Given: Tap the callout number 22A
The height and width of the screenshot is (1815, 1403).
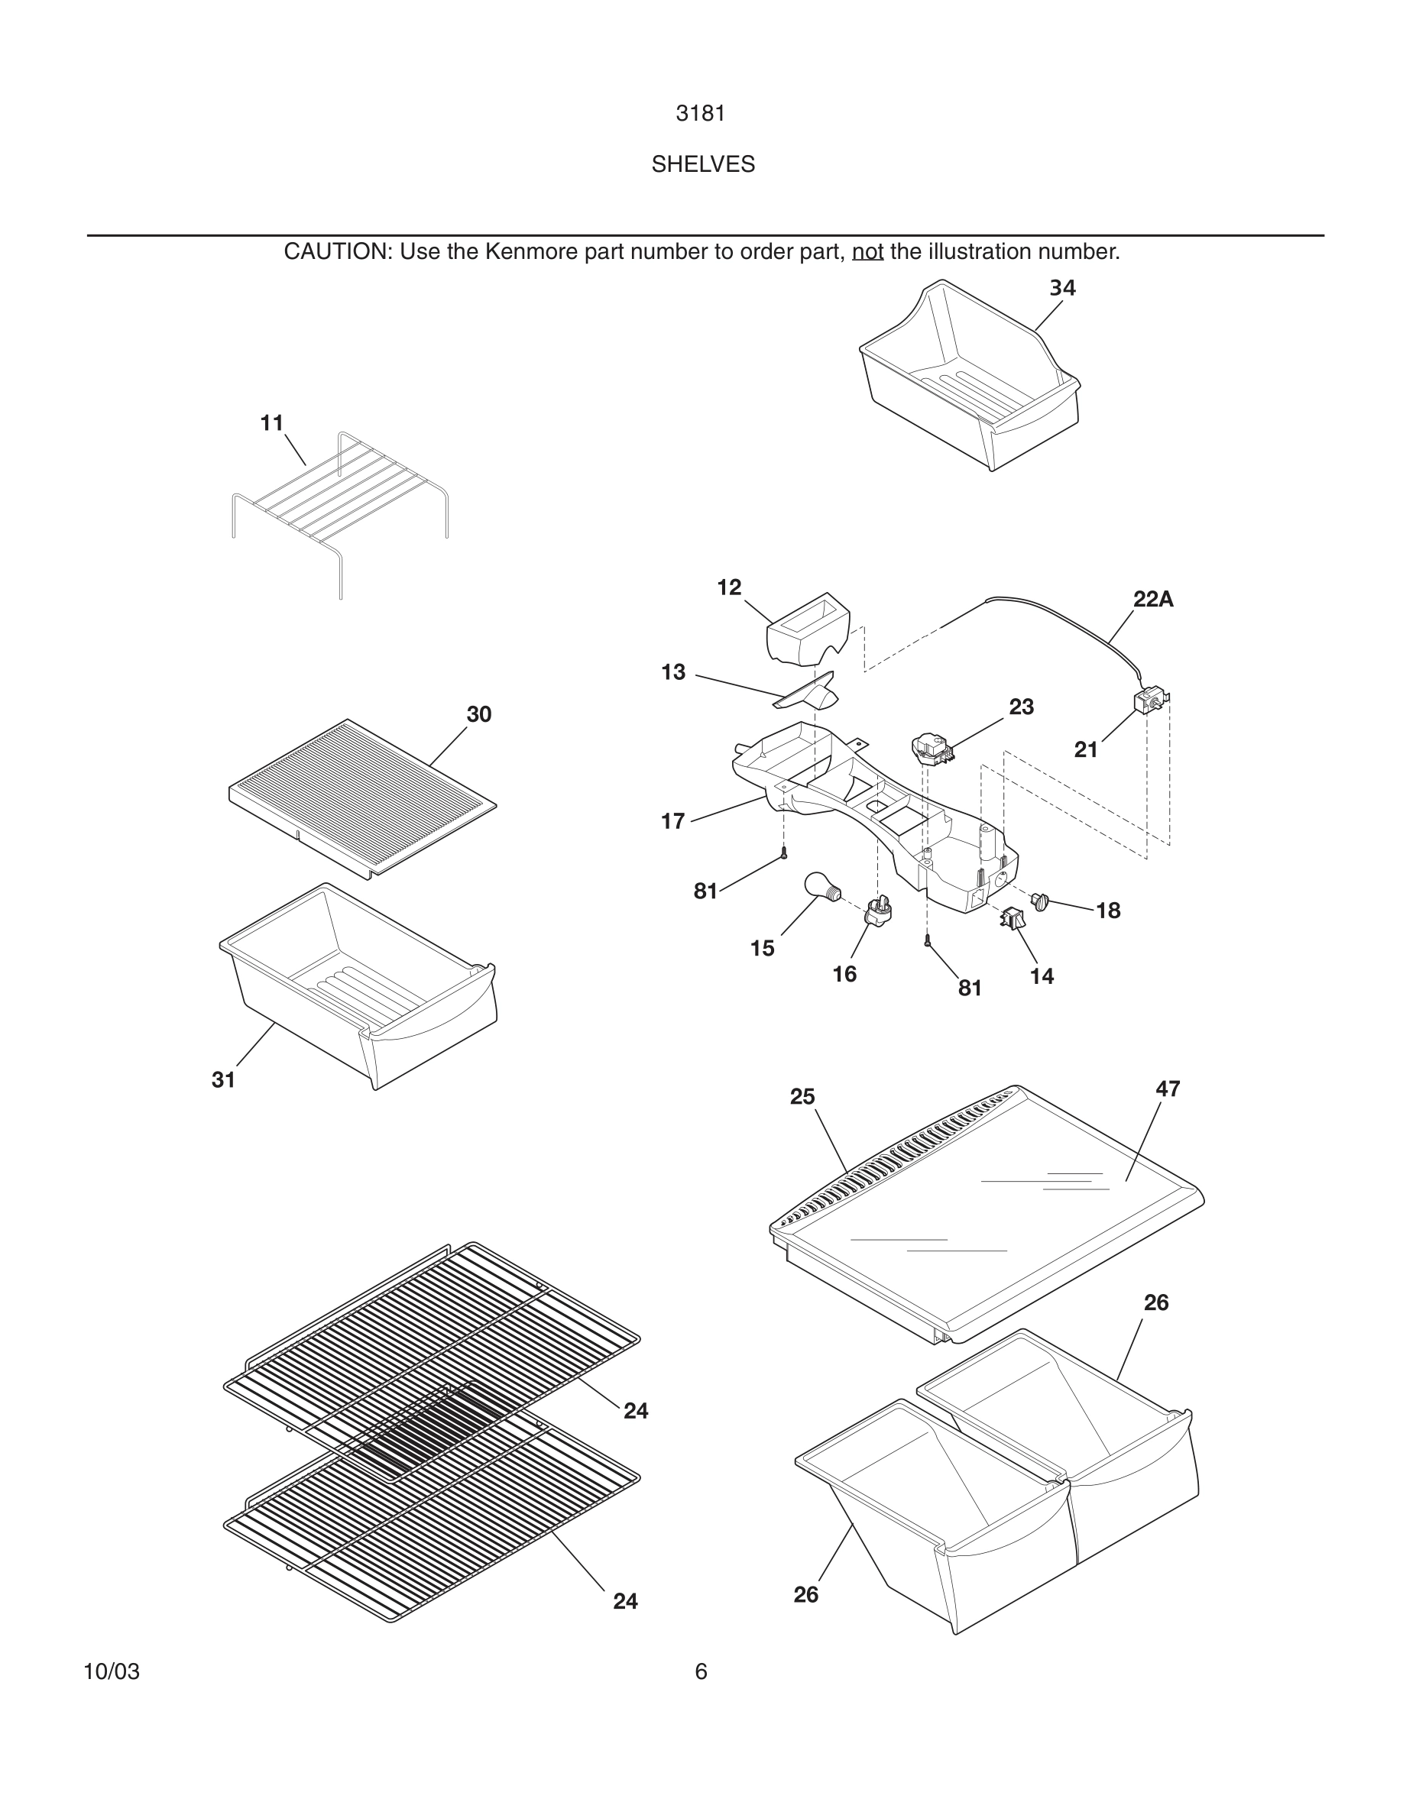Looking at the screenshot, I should coord(1153,599).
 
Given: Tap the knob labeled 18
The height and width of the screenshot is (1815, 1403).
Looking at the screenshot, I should coord(1041,899).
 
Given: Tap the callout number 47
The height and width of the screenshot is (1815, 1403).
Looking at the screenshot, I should coord(1168,1089).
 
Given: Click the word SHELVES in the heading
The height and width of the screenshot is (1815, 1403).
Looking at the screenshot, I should coord(703,164).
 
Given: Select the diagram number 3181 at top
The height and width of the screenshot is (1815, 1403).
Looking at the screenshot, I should coord(701,114).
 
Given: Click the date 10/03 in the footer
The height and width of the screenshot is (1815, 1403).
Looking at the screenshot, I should coord(112,1672).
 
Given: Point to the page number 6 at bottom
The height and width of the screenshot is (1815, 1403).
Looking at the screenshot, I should coord(701,1671).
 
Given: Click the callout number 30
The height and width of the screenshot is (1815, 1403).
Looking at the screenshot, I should coord(479,715).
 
